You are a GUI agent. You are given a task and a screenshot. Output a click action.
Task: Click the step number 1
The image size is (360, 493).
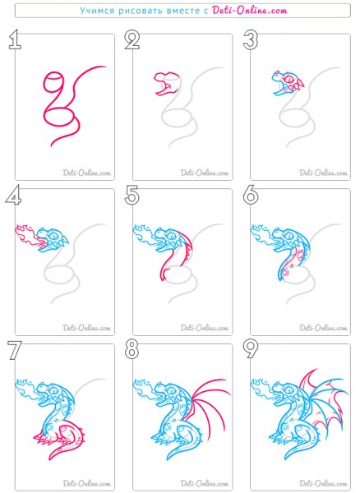click(15, 39)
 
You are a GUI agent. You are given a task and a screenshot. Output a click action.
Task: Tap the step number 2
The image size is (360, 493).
click(132, 39)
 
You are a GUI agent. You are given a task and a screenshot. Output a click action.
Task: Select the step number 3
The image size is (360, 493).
click(250, 40)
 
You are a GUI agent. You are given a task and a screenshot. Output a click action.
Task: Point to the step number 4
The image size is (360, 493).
click(13, 195)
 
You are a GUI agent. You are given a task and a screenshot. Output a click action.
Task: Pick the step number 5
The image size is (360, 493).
click(132, 195)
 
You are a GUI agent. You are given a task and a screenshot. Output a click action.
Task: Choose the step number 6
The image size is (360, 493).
click(251, 195)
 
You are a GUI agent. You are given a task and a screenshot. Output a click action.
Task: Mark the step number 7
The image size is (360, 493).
click(15, 350)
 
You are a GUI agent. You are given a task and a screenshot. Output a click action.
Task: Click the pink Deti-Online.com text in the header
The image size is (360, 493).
click(250, 11)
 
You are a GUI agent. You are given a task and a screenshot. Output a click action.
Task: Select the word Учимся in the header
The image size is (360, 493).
click(97, 11)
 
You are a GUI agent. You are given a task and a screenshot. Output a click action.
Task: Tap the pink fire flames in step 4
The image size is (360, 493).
click(27, 236)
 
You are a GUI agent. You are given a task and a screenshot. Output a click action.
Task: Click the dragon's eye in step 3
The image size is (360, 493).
click(288, 79)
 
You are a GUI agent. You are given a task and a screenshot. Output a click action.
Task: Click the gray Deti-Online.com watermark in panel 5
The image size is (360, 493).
click(205, 328)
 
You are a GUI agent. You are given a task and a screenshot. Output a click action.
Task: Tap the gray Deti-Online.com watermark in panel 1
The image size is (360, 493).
click(87, 173)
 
